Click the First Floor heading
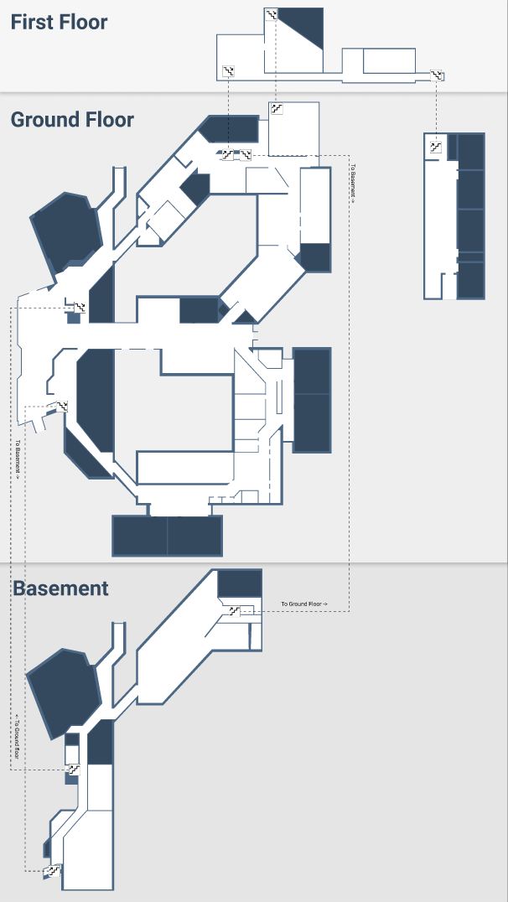pos(59,22)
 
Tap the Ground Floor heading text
pos(72,120)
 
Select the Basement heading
pos(60,588)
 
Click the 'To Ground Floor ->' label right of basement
pos(303,604)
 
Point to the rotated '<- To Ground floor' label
pos(17,736)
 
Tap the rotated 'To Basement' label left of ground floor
pos(17,458)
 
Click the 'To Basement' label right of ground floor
pos(353,184)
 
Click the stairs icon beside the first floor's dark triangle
pos(271,13)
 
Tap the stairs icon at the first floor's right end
pos(437,75)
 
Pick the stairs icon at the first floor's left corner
pos(228,71)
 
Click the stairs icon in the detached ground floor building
pos(435,147)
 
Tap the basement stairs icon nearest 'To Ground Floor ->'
pos(234,611)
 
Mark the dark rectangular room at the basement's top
pos(240,583)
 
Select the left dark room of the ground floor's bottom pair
pos(140,536)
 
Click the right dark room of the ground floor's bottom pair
pos(194,536)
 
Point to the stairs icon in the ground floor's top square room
pos(277,109)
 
